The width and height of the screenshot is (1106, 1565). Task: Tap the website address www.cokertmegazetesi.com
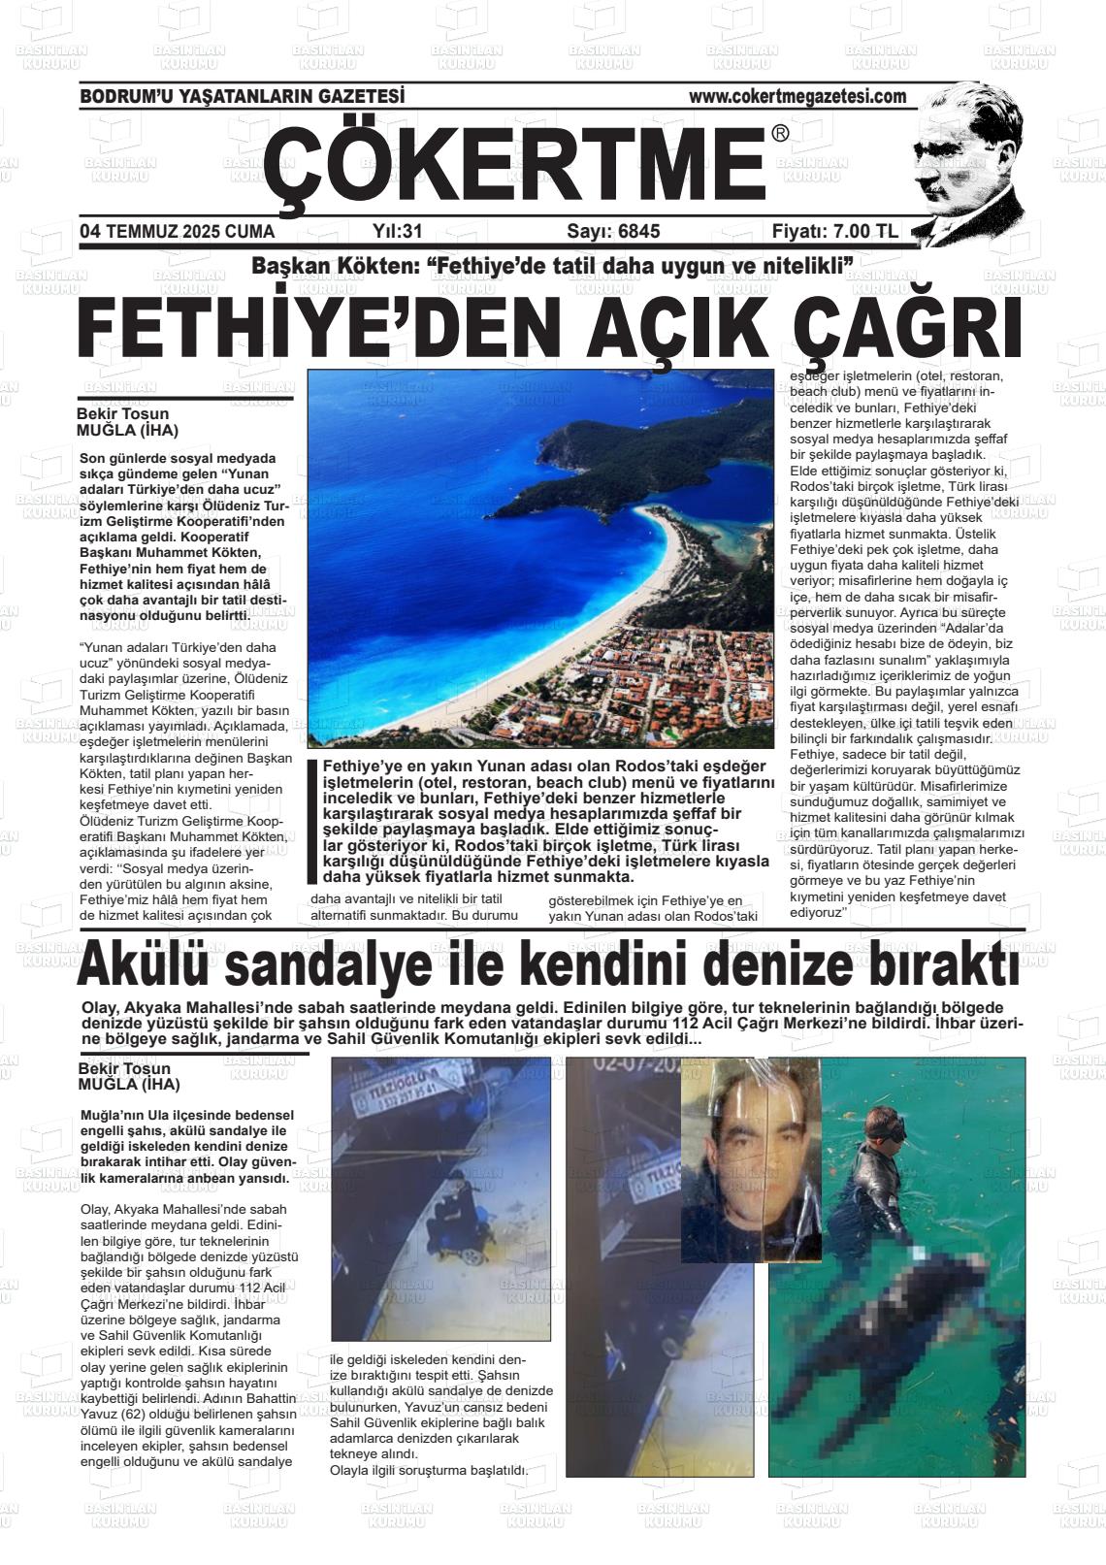(797, 97)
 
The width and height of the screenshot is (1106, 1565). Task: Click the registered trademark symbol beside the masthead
(780, 134)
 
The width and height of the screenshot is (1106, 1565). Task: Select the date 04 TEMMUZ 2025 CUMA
(178, 232)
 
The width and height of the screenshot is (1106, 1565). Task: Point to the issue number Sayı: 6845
(613, 232)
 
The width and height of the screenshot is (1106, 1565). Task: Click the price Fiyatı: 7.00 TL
(834, 232)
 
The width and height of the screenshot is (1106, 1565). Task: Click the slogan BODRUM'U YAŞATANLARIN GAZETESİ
(242, 97)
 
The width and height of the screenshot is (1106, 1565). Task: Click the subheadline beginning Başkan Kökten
(552, 265)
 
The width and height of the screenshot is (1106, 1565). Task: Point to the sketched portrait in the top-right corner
(965, 163)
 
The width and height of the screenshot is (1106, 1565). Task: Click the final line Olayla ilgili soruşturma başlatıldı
(429, 1470)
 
